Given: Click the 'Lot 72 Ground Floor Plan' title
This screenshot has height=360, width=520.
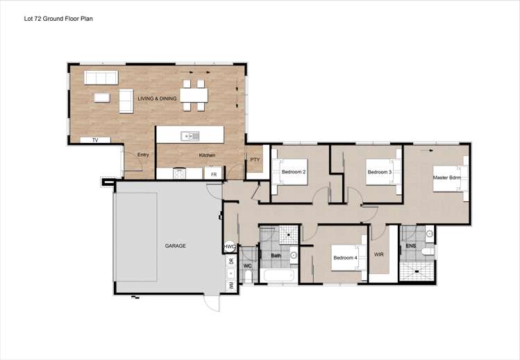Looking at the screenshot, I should tap(58, 19).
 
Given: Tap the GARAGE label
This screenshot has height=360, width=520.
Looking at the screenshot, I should tap(175, 246).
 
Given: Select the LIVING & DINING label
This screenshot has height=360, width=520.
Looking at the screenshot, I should tap(157, 99).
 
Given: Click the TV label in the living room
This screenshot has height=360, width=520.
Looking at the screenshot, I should tap(96, 140).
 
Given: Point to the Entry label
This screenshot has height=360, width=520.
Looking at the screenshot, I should tap(143, 155).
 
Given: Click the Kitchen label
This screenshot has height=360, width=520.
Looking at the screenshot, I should tap(207, 155).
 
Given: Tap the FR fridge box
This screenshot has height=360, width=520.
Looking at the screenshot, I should tap(214, 174).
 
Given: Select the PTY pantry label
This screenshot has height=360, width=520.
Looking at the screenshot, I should tap(255, 160).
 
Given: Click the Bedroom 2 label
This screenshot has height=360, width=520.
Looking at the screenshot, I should tap(294, 171).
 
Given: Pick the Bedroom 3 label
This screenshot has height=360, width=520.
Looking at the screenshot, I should tap(380, 171).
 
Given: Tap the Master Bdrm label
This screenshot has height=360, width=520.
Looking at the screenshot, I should tap(447, 177).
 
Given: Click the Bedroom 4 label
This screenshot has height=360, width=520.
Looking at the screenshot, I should tap(345, 258).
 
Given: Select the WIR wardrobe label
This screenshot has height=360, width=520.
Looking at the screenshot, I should tap(379, 255).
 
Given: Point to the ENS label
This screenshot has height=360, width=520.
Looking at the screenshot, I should tap(411, 246).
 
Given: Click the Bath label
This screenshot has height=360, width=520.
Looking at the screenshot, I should tap(276, 255).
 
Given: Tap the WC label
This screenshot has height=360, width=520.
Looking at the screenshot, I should tap(246, 266).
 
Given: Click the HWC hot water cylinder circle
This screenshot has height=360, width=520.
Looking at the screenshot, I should tap(229, 247).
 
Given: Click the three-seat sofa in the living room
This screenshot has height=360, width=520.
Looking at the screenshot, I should tap(99, 77).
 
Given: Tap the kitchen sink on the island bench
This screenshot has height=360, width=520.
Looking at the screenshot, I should tap(188, 136).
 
